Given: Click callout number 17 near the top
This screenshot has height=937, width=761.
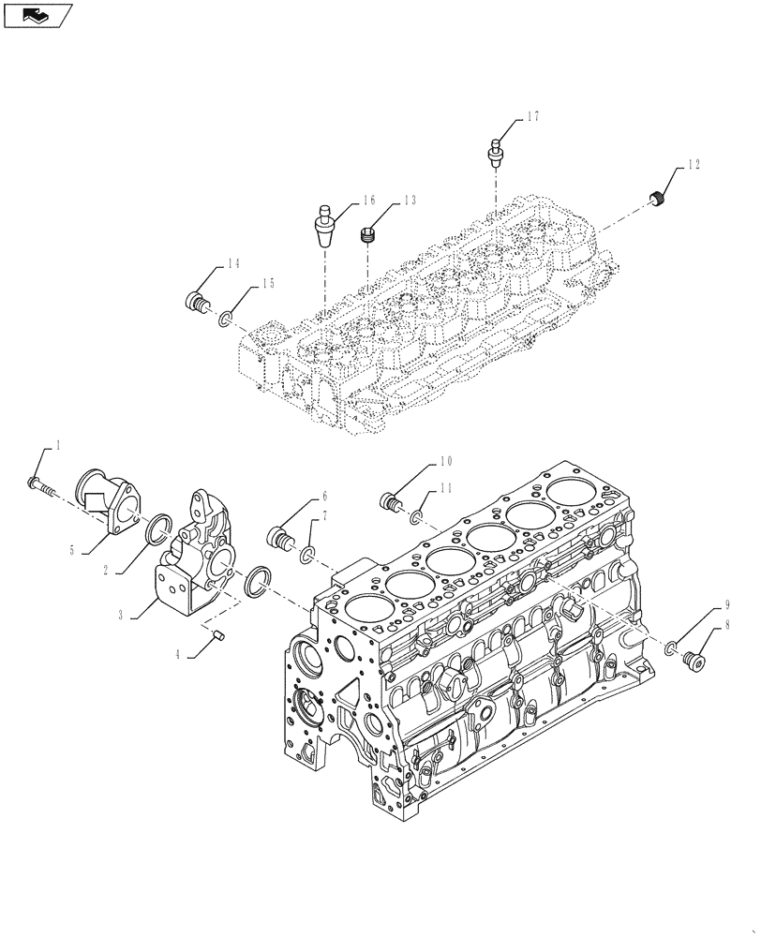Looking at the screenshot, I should (x=532, y=117).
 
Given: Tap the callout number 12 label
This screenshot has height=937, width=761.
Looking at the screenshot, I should (x=693, y=165).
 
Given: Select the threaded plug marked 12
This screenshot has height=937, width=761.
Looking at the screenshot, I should (x=658, y=199).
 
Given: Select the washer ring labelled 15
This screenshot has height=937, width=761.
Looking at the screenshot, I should (x=226, y=321).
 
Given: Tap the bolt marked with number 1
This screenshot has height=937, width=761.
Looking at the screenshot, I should (x=39, y=484).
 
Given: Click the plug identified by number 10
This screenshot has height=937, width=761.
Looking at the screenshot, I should (x=391, y=501).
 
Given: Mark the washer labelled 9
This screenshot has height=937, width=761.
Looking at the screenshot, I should (x=670, y=648).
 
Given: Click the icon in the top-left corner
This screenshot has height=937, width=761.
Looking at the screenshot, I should (x=37, y=15).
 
